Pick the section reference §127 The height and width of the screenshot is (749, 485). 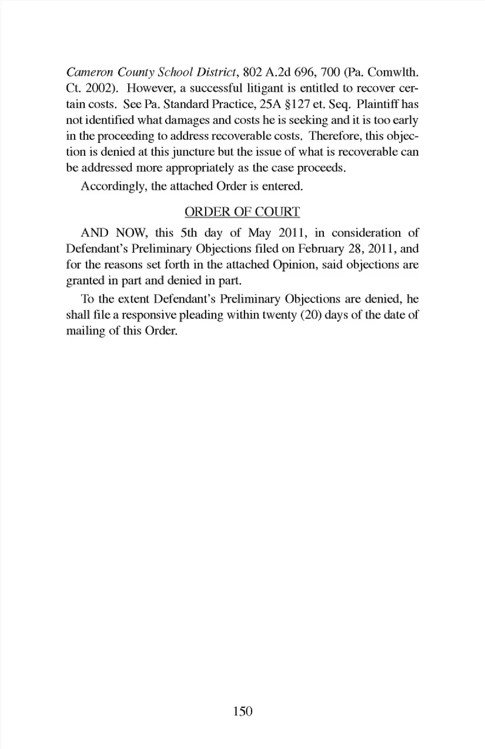point(295,104)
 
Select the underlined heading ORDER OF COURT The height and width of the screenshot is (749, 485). point(242,212)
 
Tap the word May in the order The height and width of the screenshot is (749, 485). point(259,233)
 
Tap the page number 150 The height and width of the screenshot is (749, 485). point(243,712)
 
